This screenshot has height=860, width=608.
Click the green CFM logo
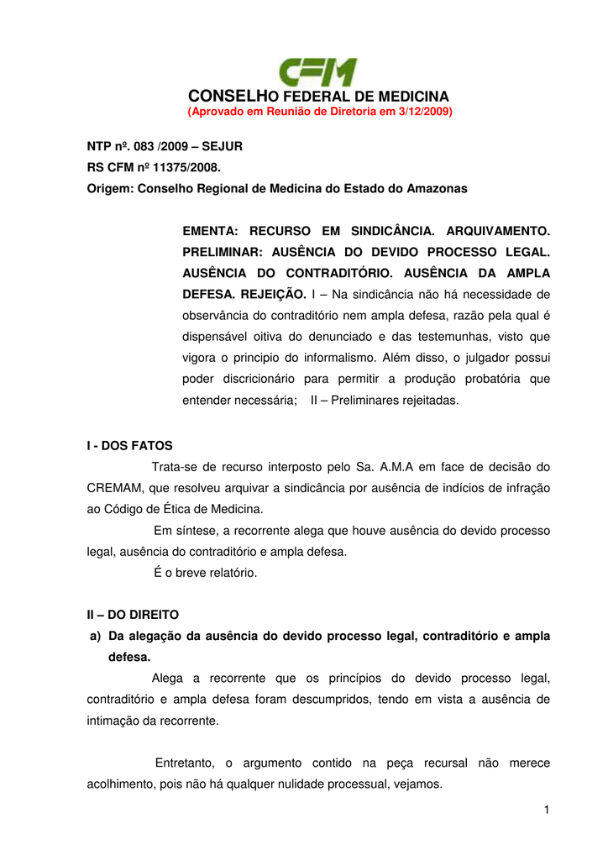point(318,72)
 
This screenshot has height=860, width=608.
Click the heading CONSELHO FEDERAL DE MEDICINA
point(319,97)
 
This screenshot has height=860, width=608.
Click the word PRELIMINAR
point(223,252)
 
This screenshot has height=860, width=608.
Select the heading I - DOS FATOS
point(129,446)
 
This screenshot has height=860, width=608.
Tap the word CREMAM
point(114,488)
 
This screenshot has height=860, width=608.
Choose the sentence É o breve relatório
point(206,573)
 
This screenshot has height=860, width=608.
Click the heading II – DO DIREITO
point(133,615)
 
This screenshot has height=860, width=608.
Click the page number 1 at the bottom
point(546,809)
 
